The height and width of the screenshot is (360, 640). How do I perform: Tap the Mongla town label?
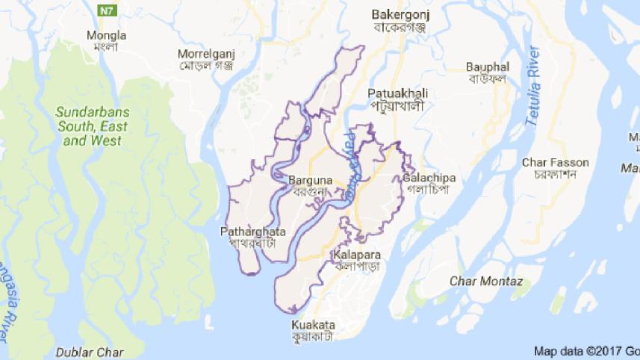[107, 35]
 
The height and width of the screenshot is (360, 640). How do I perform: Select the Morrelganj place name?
[206, 54]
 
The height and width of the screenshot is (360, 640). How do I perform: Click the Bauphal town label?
[486, 66]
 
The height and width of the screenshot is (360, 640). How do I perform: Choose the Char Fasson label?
[556, 162]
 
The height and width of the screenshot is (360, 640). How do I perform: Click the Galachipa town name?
[428, 178]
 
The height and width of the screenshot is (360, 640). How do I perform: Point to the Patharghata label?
[253, 232]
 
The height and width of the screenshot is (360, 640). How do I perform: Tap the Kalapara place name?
[356, 255]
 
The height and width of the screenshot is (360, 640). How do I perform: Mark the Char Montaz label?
[486, 281]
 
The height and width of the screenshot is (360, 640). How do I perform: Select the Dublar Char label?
[90, 352]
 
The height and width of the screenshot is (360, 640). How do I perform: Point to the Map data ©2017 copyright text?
[586, 350]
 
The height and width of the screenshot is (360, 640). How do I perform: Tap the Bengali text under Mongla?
[106, 47]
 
